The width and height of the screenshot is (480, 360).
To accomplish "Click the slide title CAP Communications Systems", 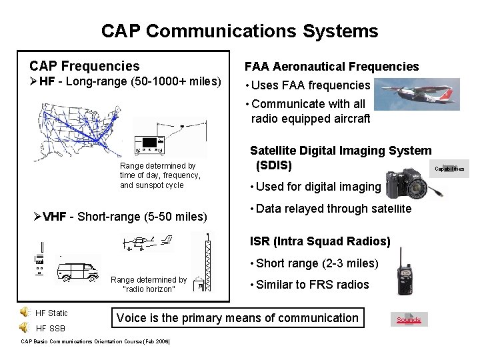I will tap(239, 31).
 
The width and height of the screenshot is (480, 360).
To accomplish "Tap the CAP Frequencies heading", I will tap(85, 66).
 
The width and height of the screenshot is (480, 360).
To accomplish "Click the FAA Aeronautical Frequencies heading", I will tap(331, 67).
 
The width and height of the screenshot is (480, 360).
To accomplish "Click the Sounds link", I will tap(409, 319).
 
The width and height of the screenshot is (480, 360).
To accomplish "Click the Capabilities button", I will tap(450, 169).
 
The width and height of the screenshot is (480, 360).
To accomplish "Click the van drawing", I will tap(78, 270).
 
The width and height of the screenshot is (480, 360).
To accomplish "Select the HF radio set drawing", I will tap(151, 144).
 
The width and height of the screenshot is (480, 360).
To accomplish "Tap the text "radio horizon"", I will tap(149, 289).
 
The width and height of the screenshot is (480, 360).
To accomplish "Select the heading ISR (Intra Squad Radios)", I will tap(320, 241).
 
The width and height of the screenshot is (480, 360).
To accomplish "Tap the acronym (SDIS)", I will tap(274, 165).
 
